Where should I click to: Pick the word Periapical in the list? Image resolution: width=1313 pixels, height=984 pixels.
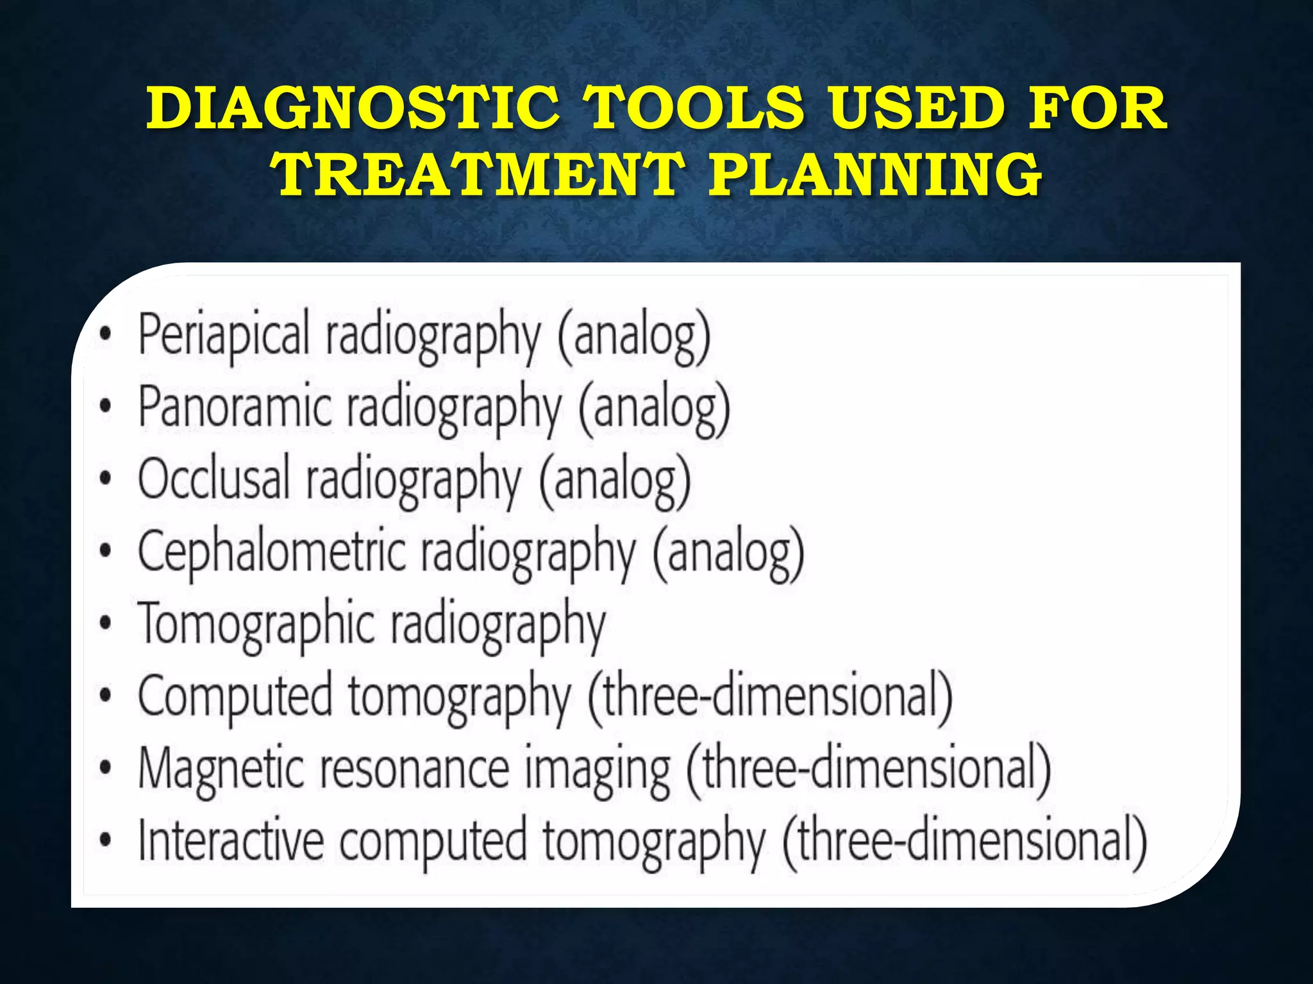tap(224, 334)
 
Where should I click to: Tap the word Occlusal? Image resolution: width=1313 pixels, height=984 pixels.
tap(214, 480)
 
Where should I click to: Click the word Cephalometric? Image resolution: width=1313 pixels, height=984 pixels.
tap(272, 552)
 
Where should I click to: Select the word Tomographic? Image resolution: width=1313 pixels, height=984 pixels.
tap(256, 625)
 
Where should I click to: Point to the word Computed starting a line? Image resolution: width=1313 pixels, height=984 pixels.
tap(235, 698)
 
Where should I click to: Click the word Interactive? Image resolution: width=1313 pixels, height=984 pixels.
tap(231, 842)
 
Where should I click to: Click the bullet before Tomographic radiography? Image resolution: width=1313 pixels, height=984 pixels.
tap(106, 624)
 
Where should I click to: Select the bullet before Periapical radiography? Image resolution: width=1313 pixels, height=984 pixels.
tap(106, 334)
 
